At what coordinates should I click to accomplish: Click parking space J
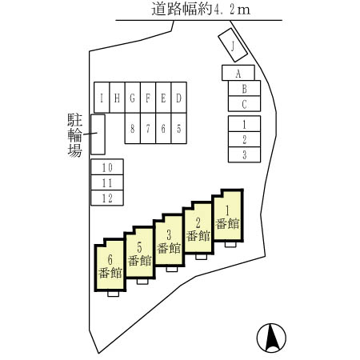(233, 45)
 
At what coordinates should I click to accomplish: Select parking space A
(238, 73)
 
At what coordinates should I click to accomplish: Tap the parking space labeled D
(179, 98)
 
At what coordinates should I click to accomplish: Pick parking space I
(102, 98)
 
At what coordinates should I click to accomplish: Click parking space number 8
(132, 129)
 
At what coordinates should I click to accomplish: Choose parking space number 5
(179, 129)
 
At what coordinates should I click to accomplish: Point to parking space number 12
(107, 198)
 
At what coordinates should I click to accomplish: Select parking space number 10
(107, 167)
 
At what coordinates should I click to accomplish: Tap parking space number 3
(244, 154)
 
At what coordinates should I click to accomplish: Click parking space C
(244, 104)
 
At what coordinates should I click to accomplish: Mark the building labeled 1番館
(228, 215)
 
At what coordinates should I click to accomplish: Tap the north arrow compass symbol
(271, 338)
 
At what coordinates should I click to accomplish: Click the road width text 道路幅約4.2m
(201, 9)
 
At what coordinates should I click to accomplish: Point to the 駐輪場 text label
(74, 135)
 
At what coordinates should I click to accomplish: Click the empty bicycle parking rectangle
(98, 134)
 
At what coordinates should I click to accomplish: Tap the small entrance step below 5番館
(142, 282)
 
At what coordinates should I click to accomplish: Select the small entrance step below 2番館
(201, 257)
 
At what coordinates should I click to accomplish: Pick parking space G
(132, 98)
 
